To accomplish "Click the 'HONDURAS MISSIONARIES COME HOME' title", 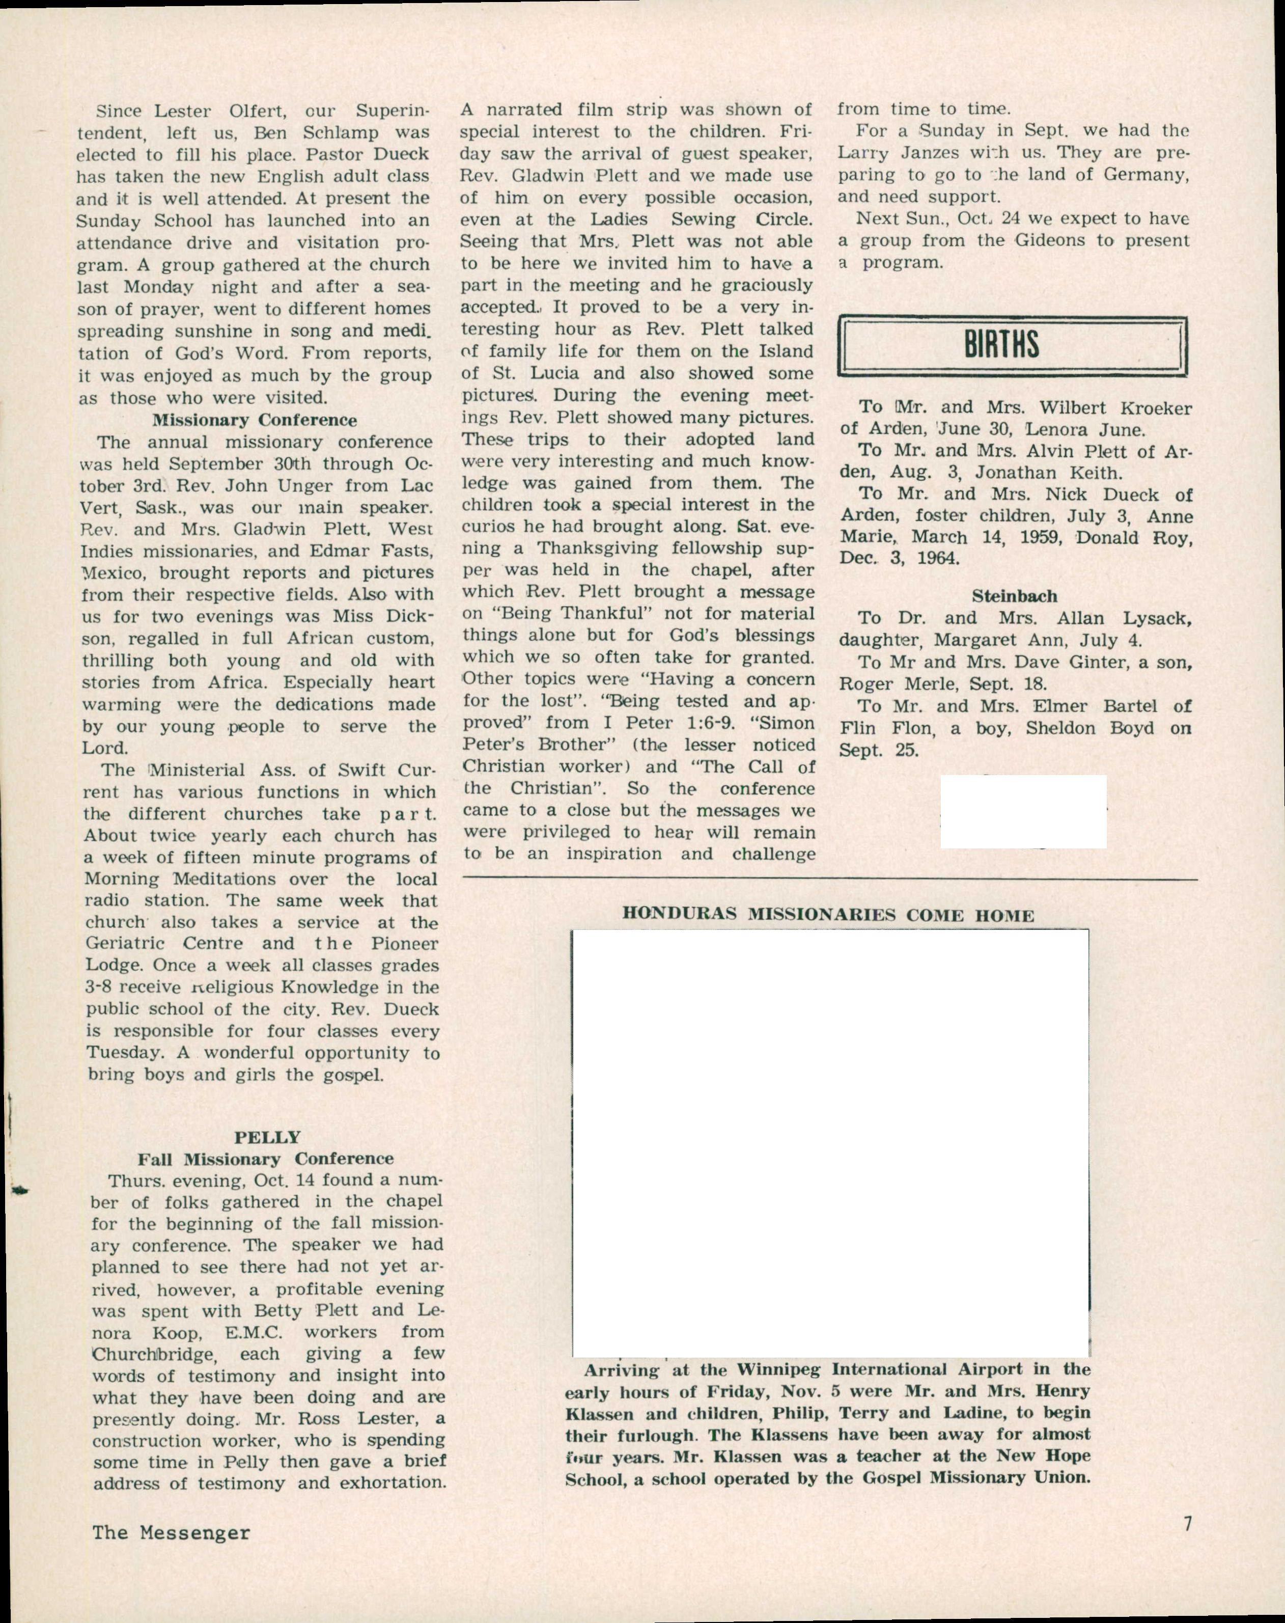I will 828,915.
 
